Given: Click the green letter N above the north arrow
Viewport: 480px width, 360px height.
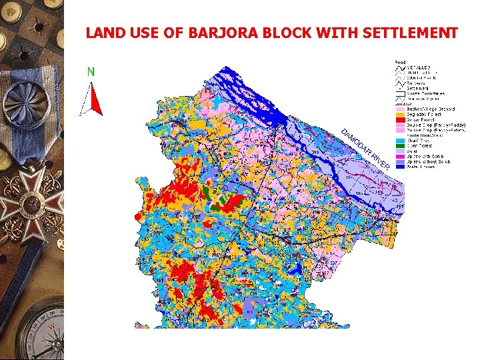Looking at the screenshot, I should pyautogui.click(x=91, y=71).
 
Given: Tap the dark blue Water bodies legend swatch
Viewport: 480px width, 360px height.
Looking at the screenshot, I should pyautogui.click(x=401, y=167).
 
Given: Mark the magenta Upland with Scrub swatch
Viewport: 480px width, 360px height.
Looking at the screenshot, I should pyautogui.click(x=401, y=157).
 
